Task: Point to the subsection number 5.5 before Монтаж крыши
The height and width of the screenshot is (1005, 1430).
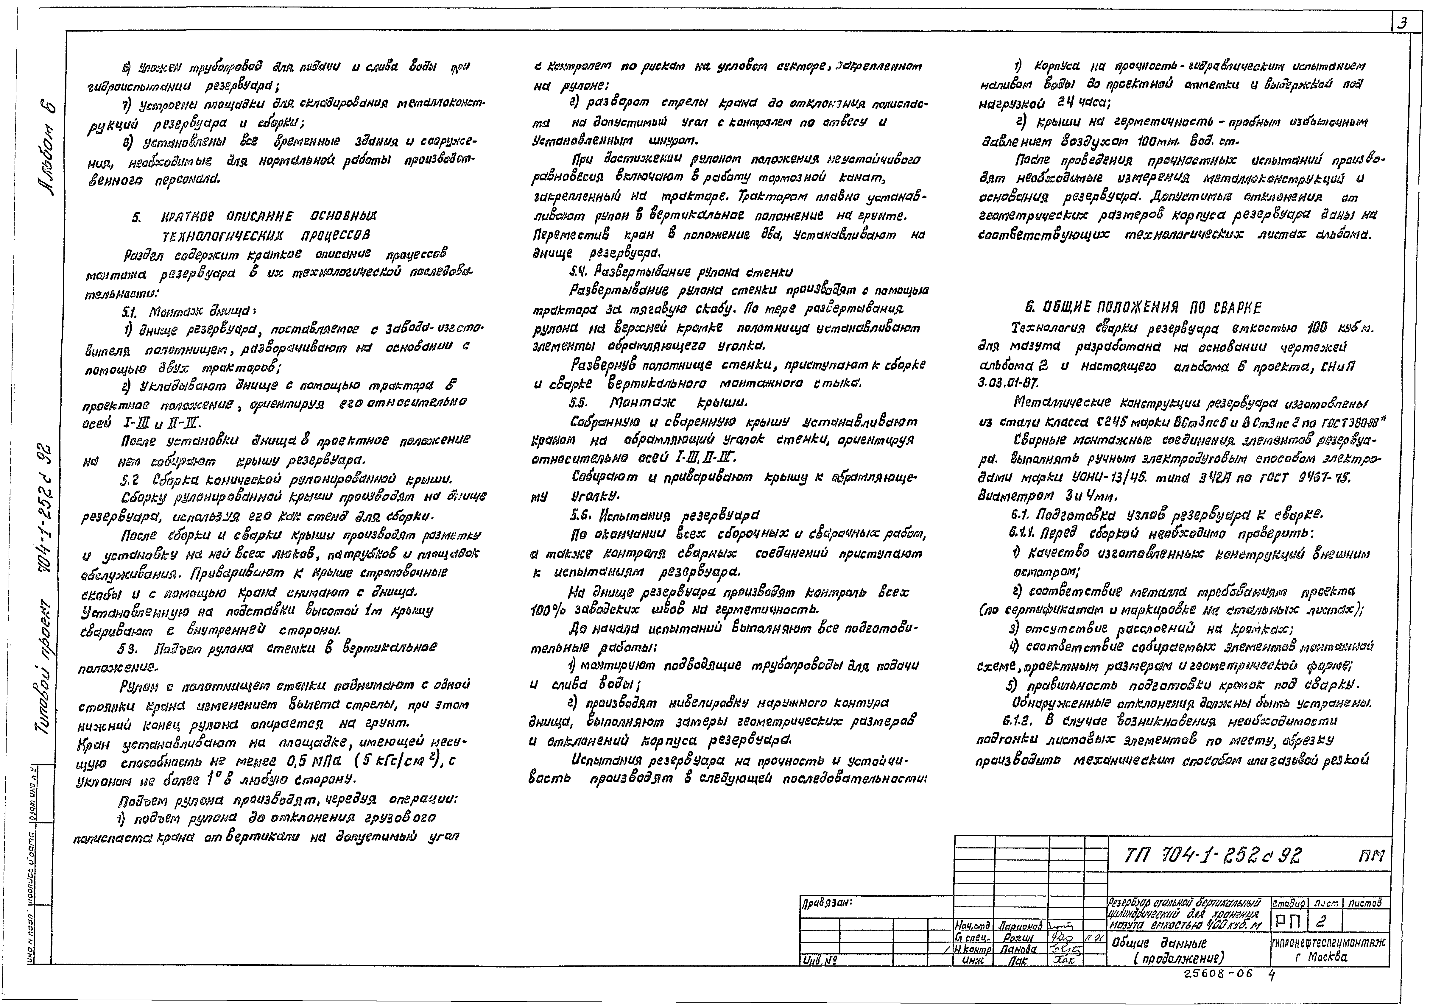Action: point(580,402)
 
